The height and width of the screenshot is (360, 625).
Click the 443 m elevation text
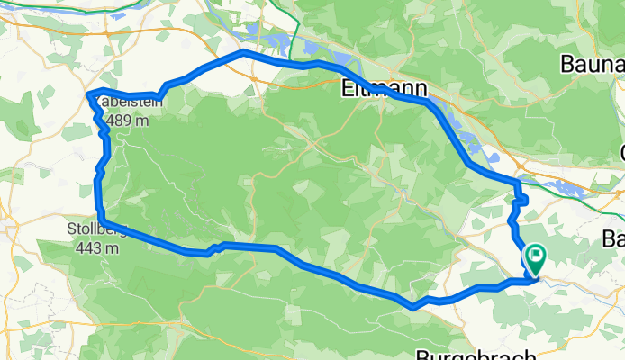point(94,247)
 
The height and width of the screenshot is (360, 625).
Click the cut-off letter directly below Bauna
point(620,149)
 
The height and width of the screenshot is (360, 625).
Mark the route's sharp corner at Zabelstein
point(87,94)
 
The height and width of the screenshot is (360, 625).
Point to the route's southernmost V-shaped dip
point(412,307)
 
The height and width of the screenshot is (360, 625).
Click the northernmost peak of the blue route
point(242,53)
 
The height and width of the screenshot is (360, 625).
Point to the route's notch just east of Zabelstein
point(161,93)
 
